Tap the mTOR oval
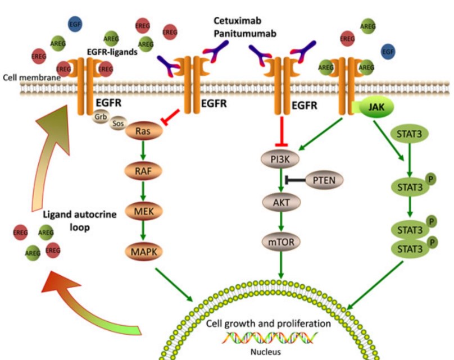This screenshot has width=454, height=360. point(280,243)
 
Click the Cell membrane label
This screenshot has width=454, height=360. point(31,77)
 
